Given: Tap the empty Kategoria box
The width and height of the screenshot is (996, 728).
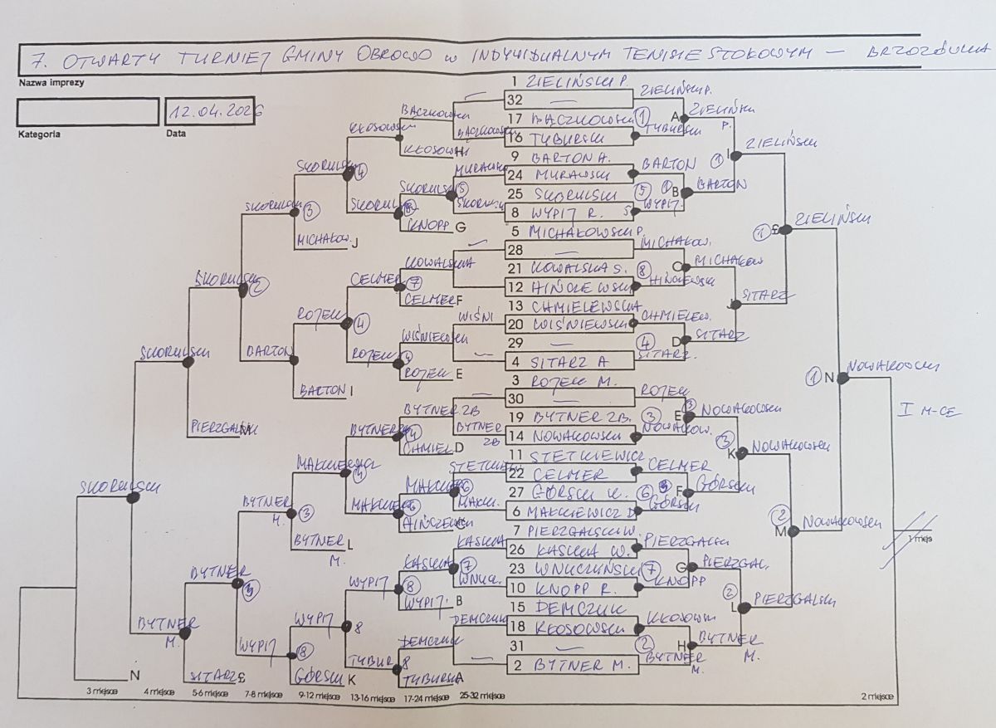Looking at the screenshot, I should [x=87, y=111].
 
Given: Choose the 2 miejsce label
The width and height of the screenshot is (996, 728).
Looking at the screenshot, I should [x=877, y=696].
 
